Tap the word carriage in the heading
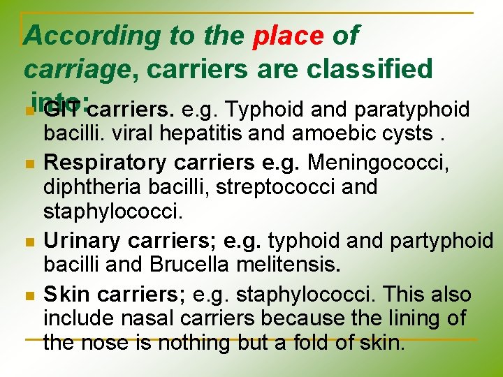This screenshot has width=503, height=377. (x=73, y=69)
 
